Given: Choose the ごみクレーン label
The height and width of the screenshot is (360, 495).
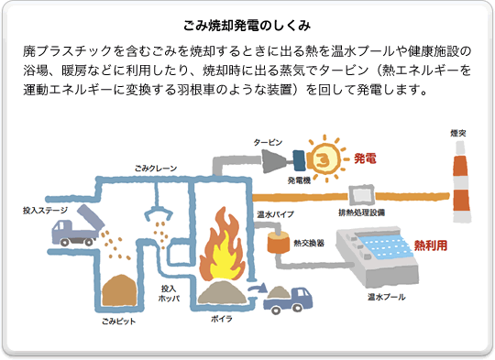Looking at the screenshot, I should pos(155,169).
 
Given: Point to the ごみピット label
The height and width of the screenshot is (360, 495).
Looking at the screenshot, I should pos(120,324).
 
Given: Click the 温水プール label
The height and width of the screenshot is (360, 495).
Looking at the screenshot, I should pos(386,298).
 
